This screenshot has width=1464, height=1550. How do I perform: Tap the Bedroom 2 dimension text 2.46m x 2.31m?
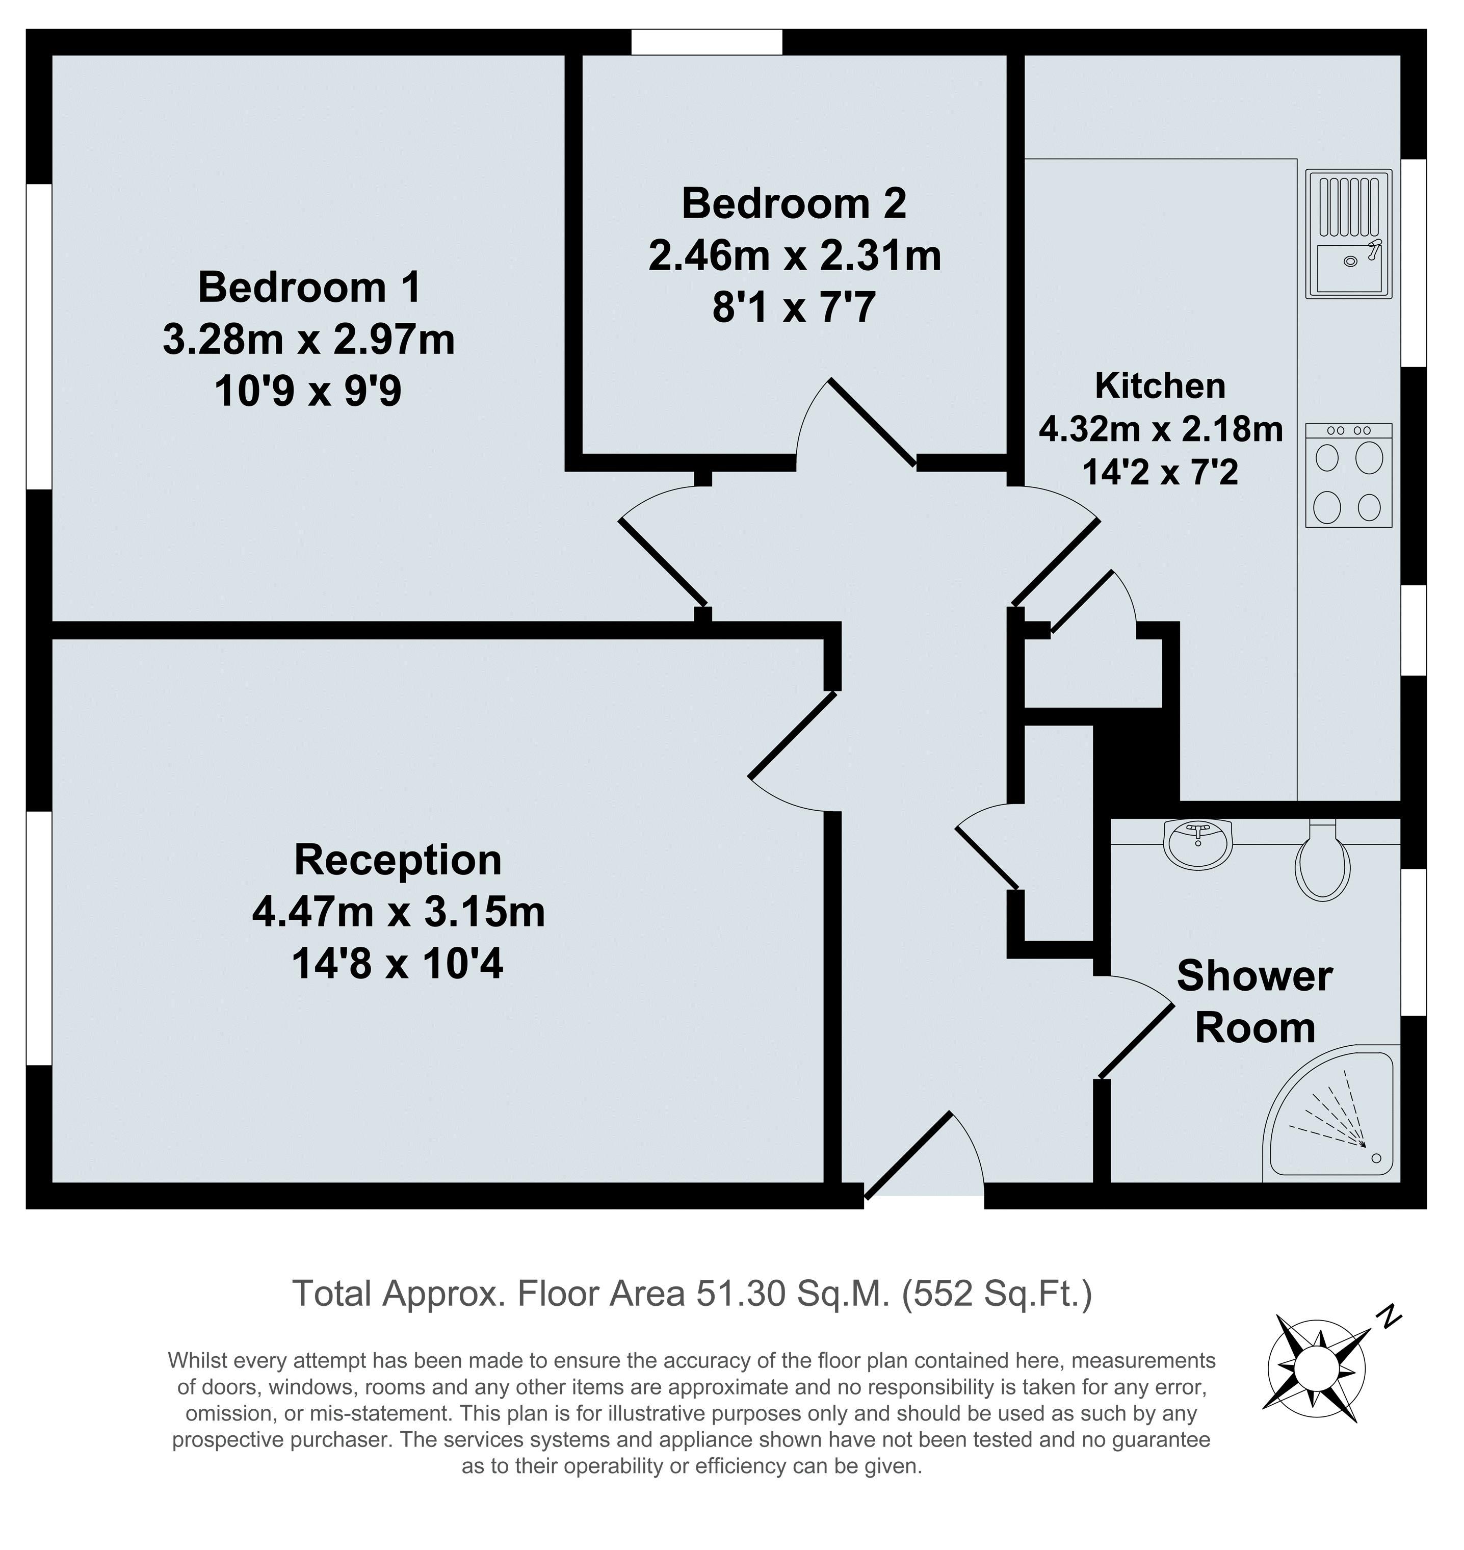point(794,256)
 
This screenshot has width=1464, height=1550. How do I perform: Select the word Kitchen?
point(1160,386)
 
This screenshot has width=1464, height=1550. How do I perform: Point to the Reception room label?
point(398,860)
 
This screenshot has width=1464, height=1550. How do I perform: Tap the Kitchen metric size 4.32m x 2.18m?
point(1160,429)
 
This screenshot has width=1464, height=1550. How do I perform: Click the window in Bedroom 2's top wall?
point(706,42)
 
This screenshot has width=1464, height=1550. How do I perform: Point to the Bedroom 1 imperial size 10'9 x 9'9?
point(308,391)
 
